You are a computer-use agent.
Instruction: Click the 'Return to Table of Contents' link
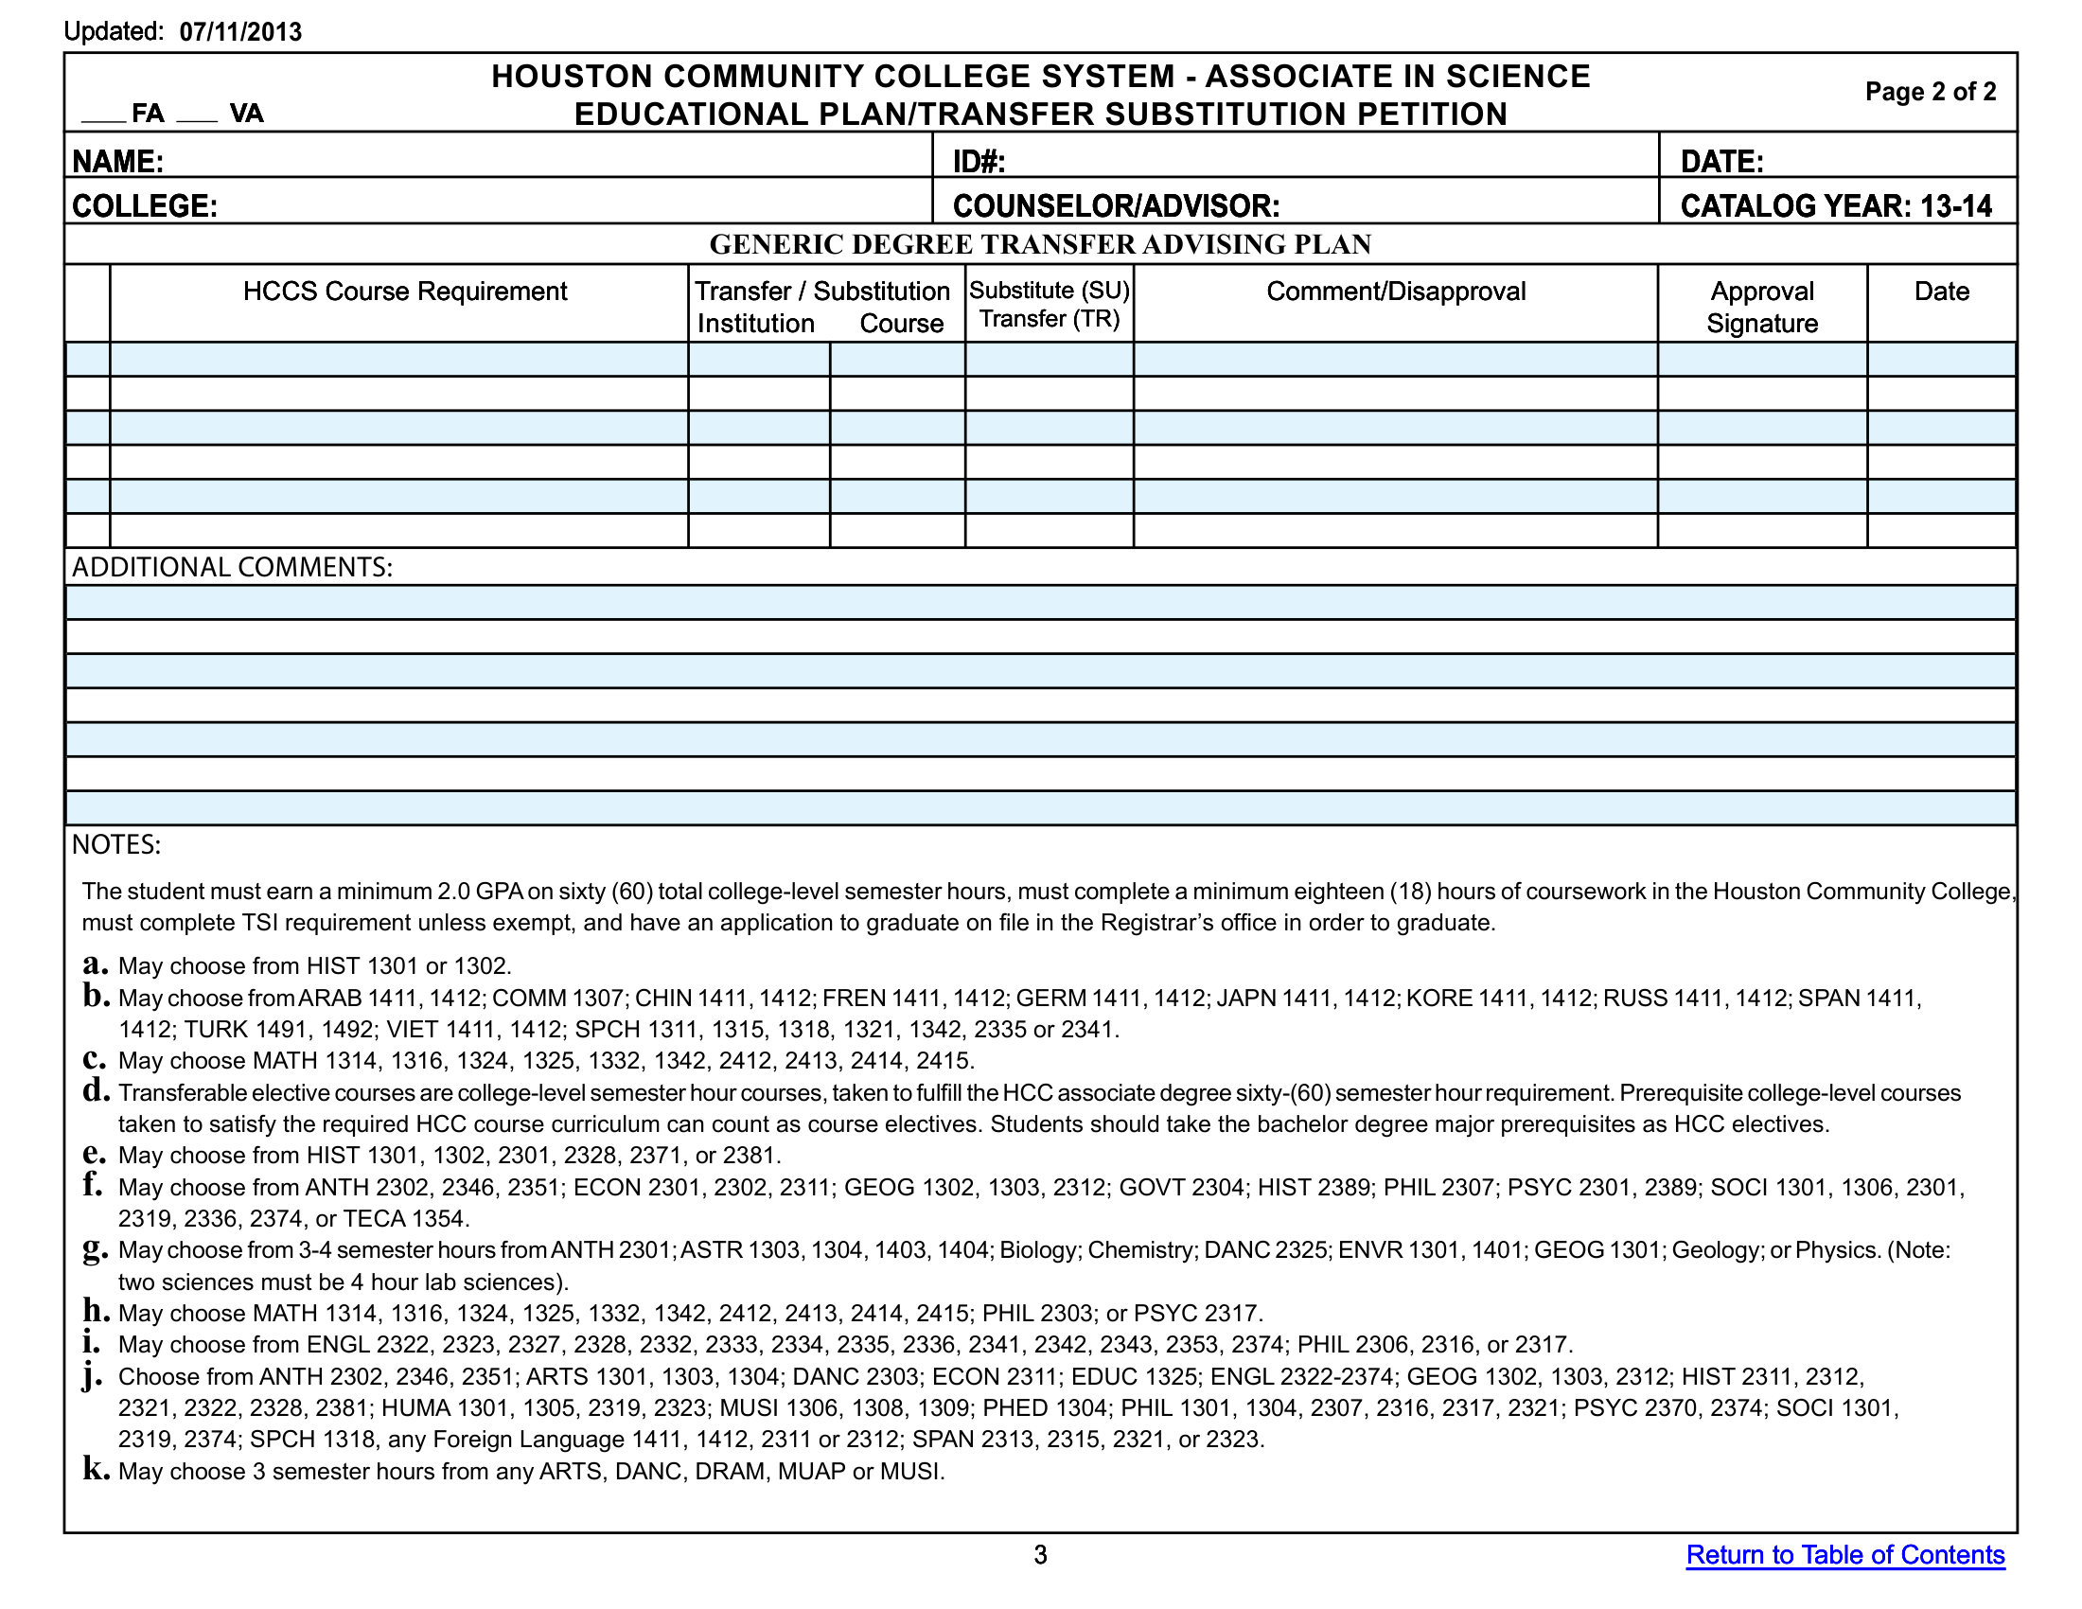coord(1844,1555)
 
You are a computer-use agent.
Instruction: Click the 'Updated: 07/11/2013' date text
coord(182,31)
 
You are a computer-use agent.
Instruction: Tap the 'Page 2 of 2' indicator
coord(1930,92)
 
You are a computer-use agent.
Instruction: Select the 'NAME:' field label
coord(118,161)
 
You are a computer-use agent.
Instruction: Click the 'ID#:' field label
coord(979,161)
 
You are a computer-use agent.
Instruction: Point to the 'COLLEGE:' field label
coord(145,206)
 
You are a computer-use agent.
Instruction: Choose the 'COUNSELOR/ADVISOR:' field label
coord(1116,206)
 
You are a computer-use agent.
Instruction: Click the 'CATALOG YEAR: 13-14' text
coord(1835,206)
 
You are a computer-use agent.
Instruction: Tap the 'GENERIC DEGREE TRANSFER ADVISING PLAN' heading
coord(1040,244)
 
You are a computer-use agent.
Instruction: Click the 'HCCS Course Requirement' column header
coord(404,291)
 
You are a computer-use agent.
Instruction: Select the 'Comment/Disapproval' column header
coord(1395,291)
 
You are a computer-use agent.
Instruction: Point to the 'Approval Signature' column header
coord(1762,307)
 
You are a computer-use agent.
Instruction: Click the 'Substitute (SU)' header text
coord(1049,290)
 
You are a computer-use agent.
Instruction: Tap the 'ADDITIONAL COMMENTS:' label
coord(232,567)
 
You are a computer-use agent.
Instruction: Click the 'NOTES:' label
coord(116,844)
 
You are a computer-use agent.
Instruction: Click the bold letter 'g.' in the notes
coord(96,1248)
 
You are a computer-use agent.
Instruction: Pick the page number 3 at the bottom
coord(1040,1555)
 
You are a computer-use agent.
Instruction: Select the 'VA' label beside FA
coord(246,114)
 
